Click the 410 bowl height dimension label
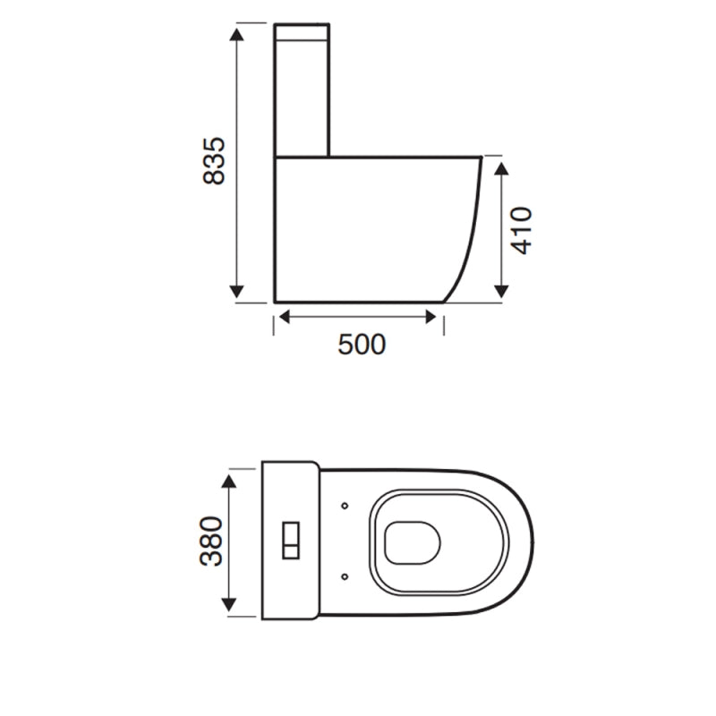click(522, 230)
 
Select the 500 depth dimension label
click(362, 344)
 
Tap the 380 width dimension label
click(210, 541)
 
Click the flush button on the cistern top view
click(291, 540)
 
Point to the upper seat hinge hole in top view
click(345, 506)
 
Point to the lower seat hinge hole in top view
click(345, 576)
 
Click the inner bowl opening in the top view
click(413, 541)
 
